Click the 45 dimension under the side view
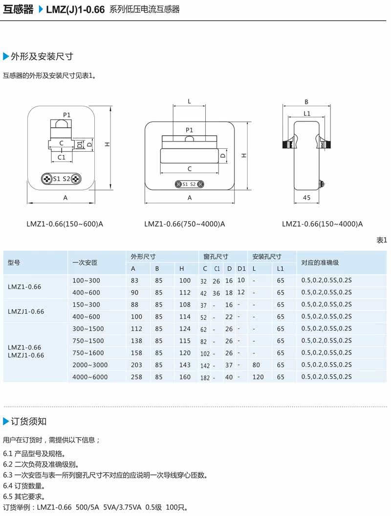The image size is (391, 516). (306, 198)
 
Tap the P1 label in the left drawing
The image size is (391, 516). (67, 115)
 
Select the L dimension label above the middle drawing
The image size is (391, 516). (189, 102)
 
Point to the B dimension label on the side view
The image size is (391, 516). (306, 102)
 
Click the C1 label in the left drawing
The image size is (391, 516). (62, 157)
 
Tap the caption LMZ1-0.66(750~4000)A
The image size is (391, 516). (184, 224)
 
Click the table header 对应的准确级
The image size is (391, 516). (320, 262)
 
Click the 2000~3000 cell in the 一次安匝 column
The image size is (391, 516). (90, 365)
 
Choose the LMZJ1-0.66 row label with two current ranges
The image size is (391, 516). (26, 311)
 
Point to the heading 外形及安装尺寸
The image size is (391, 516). (42, 56)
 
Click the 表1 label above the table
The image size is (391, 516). (381, 240)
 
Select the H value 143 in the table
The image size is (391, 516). (185, 365)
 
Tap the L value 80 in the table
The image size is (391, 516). (256, 365)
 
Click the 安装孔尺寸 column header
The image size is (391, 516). (267, 257)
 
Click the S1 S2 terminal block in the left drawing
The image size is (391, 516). (62, 179)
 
